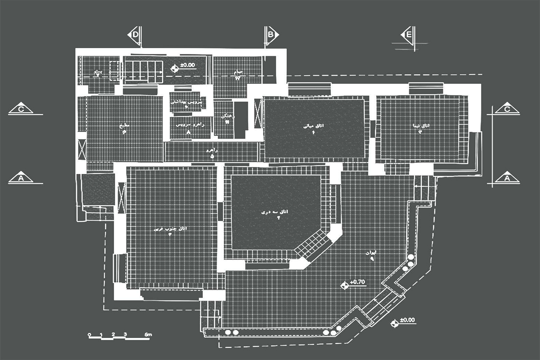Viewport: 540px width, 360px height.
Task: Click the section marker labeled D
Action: (x=135, y=35)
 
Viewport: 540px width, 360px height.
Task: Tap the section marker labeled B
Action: (x=271, y=35)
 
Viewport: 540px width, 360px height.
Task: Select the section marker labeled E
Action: (x=408, y=35)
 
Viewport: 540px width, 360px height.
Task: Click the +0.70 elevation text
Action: (x=357, y=282)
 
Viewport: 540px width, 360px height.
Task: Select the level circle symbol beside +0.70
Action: (x=345, y=285)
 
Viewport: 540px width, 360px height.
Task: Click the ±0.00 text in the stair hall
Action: (x=187, y=65)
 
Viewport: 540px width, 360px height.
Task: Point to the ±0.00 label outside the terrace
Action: (x=407, y=320)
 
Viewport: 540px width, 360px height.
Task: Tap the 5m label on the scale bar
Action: (x=148, y=335)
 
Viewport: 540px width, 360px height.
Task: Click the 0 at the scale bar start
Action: (x=89, y=335)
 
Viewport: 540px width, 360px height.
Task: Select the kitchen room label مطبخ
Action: (x=124, y=126)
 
